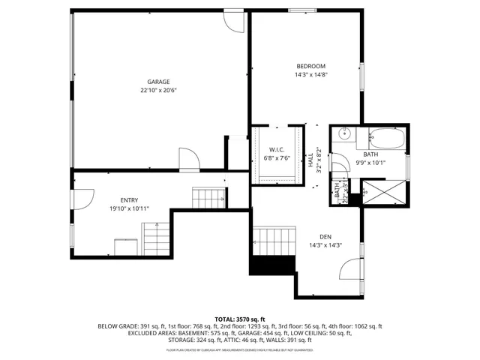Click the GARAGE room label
(157, 82)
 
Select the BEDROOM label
(310, 66)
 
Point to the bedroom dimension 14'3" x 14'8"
(310, 74)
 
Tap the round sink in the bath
(344, 136)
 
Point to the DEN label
(325, 236)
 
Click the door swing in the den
(351, 270)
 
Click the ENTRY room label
(118, 200)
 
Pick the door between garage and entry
(188, 159)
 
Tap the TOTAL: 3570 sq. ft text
(239, 319)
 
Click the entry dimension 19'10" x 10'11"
(118, 208)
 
